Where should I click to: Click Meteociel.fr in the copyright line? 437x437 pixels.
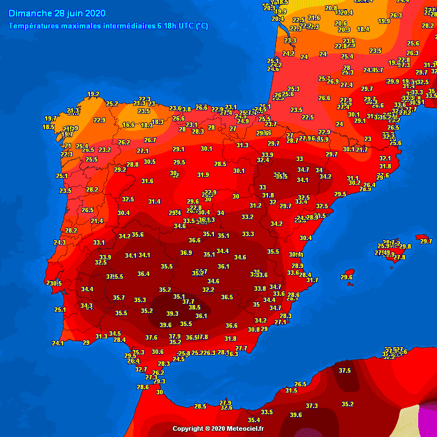(246, 428)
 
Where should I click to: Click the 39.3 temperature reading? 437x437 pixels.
(172, 314)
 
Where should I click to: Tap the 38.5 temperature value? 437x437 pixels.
(195, 307)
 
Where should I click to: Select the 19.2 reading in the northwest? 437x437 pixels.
(93, 94)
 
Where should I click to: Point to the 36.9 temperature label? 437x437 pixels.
(186, 253)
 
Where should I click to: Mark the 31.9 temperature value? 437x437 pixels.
(203, 175)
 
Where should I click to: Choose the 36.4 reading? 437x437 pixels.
(143, 274)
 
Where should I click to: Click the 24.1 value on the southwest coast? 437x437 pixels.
(57, 343)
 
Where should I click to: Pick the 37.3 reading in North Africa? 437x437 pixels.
(312, 406)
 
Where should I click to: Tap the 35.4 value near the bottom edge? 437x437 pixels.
(254, 420)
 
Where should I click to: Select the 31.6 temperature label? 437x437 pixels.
(147, 181)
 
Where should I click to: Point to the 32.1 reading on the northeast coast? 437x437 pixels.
(385, 158)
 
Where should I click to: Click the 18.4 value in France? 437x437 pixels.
(363, 29)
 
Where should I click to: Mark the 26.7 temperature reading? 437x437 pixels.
(150, 140)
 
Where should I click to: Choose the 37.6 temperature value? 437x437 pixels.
(151, 337)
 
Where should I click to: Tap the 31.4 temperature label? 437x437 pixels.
(154, 201)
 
